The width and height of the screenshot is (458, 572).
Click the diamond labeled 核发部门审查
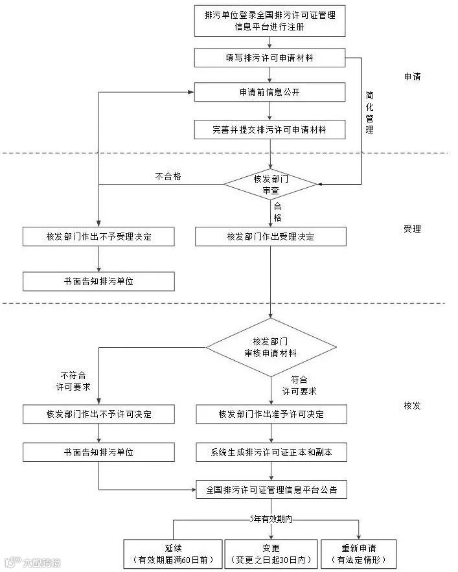[271, 185]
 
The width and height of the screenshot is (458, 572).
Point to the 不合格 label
[168, 176]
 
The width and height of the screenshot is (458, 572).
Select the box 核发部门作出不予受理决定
[98, 236]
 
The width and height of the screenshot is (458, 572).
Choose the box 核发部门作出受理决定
[271, 236]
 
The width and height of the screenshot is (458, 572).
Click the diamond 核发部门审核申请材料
[271, 347]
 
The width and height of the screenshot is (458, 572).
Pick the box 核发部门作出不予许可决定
[98, 414]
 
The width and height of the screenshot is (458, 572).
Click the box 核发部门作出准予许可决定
[271, 414]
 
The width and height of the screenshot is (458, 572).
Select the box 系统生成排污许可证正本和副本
[271, 452]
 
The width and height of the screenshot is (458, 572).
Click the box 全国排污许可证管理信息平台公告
[271, 490]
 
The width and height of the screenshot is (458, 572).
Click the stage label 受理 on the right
[412, 229]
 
